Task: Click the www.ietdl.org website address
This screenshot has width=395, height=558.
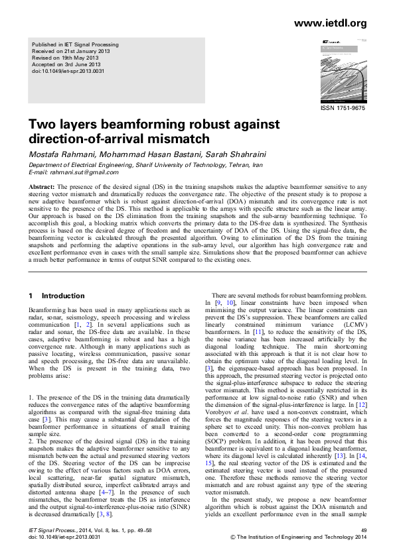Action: (x=329, y=24)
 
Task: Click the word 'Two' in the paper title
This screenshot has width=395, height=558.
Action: (x=40, y=125)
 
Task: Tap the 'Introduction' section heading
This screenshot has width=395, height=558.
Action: (x=63, y=296)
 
